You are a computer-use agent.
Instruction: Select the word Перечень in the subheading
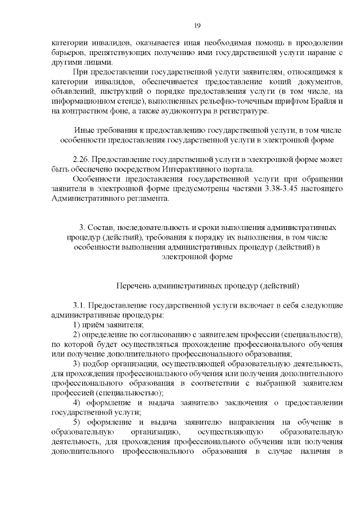[133, 286]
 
